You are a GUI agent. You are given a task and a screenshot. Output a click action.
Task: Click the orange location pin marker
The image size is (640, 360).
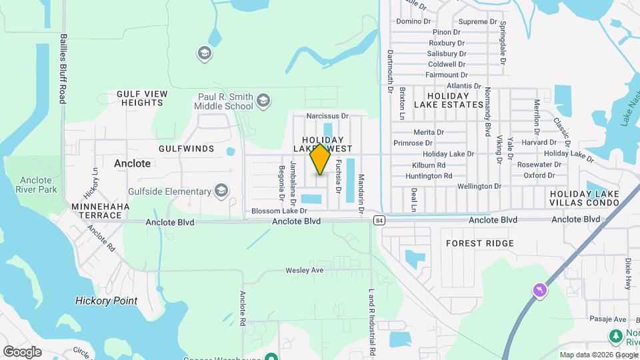click(x=321, y=159)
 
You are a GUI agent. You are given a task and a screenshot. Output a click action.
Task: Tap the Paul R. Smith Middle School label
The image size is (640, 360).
click(x=225, y=101)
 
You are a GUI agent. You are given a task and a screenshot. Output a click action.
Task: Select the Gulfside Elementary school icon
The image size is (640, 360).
click(x=221, y=192)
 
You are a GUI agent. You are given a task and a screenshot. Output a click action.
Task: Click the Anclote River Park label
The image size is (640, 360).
click(x=38, y=185)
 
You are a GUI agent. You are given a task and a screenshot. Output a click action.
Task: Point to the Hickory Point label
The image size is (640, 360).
click(x=106, y=301)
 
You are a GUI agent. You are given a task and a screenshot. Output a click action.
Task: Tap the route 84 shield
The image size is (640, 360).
click(x=379, y=221)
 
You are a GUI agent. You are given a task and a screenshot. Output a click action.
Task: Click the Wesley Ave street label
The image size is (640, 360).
click(x=304, y=270)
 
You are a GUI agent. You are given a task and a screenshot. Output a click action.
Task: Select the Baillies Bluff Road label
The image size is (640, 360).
click(x=63, y=69)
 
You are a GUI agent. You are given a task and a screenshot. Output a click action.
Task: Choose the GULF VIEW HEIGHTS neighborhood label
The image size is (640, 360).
click(x=140, y=99)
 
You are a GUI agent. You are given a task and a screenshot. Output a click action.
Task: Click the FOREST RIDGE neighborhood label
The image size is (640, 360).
click(x=480, y=243)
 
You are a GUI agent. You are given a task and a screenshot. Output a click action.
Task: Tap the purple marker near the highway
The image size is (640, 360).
click(x=539, y=290)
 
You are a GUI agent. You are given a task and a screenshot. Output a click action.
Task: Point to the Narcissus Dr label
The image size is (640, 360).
click(x=327, y=116)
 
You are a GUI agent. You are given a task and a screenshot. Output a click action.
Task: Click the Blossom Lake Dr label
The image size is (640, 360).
click(x=279, y=211)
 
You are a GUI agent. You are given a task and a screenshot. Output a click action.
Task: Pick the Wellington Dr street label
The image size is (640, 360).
click(x=479, y=186)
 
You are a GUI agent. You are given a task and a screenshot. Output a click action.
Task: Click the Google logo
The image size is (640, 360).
click(x=22, y=351)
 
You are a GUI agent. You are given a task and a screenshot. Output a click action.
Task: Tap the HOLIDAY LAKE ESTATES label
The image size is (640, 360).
click(x=448, y=100)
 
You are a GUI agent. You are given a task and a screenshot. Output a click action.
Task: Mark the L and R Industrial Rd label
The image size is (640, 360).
click(x=371, y=322)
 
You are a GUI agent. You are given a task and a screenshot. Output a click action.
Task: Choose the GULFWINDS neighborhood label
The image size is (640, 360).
click(x=187, y=148)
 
